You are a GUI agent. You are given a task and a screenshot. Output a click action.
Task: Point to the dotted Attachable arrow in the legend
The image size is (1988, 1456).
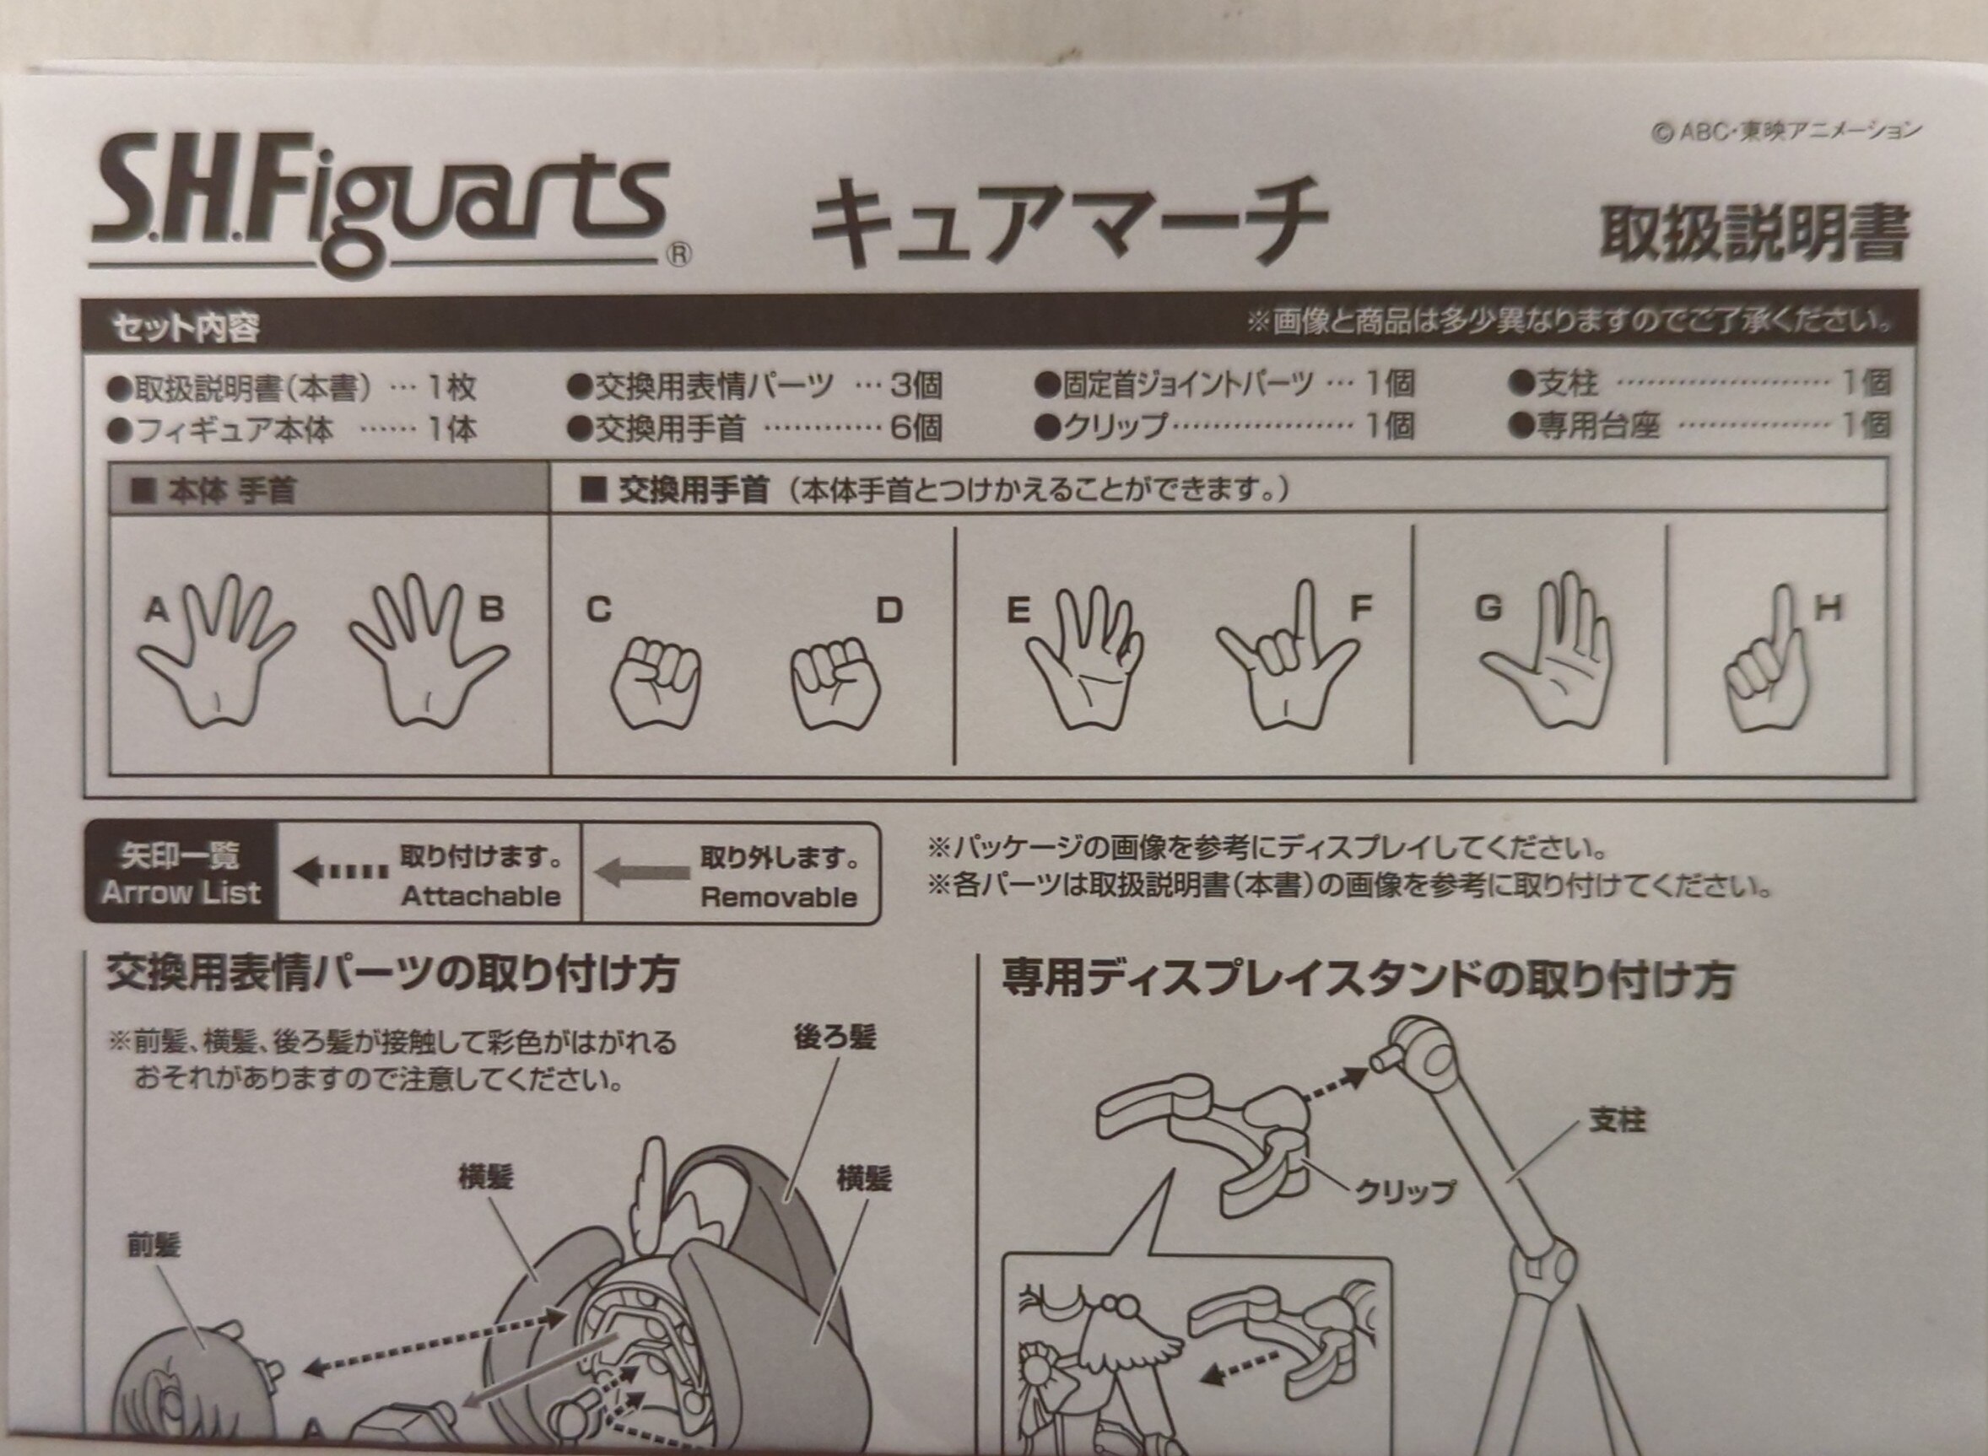pos(340,872)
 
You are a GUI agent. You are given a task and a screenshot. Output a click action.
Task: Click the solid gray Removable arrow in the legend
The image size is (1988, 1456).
pos(642,872)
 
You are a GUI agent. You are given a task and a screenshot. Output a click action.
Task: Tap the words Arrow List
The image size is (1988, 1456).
pos(181,892)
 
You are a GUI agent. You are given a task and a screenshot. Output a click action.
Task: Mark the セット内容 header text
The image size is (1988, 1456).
pos(186,328)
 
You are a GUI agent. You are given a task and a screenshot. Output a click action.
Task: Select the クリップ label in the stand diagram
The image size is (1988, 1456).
pos(1404,1192)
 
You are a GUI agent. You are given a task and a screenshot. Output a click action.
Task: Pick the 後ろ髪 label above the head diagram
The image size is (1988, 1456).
pos(834,1038)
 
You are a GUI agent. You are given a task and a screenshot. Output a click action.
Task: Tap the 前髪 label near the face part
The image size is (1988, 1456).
pos(154,1245)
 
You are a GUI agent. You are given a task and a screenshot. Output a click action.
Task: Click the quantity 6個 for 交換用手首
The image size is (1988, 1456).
pos(915,429)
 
